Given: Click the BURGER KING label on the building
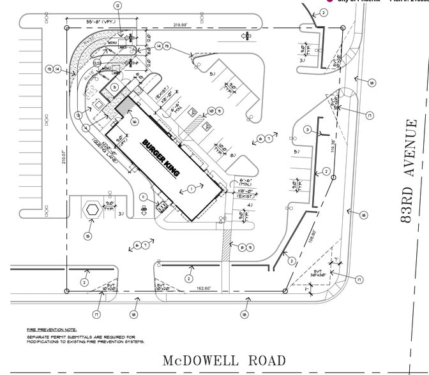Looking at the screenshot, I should pyautogui.click(x=162, y=158).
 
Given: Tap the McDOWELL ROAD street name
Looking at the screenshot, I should pyautogui.click(x=224, y=361).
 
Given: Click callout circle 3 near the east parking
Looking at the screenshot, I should pyautogui.click(x=308, y=130).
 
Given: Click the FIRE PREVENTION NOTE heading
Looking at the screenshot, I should pyautogui.click(x=51, y=329).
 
